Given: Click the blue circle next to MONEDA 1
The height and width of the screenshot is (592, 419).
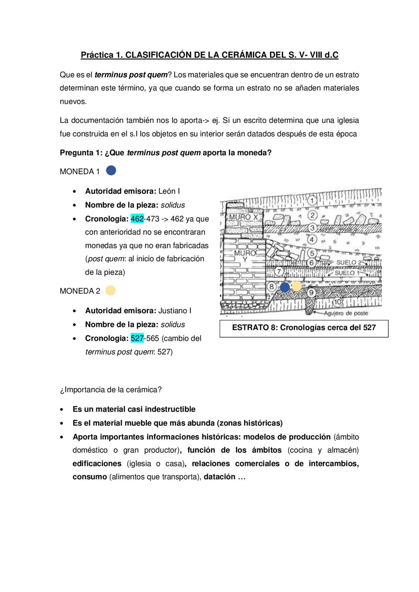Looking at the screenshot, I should pyautogui.click(x=111, y=170).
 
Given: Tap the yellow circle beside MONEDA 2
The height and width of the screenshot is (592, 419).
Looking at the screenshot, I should pyautogui.click(x=111, y=290).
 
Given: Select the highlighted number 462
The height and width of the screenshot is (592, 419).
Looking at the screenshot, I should pyautogui.click(x=137, y=219).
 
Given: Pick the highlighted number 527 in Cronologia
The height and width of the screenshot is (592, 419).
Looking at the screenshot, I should pyautogui.click(x=137, y=338).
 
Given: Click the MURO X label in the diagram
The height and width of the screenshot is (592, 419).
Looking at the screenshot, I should pyautogui.click(x=244, y=217).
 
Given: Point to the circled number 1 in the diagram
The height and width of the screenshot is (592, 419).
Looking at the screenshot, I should pyautogui.click(x=313, y=200).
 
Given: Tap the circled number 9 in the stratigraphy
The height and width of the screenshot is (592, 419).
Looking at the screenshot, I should pyautogui.click(x=311, y=292).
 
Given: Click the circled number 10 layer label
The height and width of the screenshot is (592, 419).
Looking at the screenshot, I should pyautogui.click(x=337, y=302).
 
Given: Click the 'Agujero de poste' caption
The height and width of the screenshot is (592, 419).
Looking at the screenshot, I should pyautogui.click(x=346, y=313).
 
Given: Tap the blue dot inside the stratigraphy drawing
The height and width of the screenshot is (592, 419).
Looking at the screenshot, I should pyautogui.click(x=285, y=287).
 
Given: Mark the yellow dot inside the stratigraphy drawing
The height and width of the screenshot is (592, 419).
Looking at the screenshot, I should pyautogui.click(x=297, y=286).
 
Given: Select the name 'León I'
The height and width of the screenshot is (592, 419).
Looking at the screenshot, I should pyautogui.click(x=169, y=191).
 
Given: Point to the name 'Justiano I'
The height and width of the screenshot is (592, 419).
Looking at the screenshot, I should pyautogui.click(x=175, y=311).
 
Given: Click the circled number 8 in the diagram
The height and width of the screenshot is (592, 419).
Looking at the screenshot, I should pyautogui.click(x=271, y=287).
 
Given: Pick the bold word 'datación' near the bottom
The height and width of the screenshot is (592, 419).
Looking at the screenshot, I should pyautogui.click(x=219, y=477).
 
